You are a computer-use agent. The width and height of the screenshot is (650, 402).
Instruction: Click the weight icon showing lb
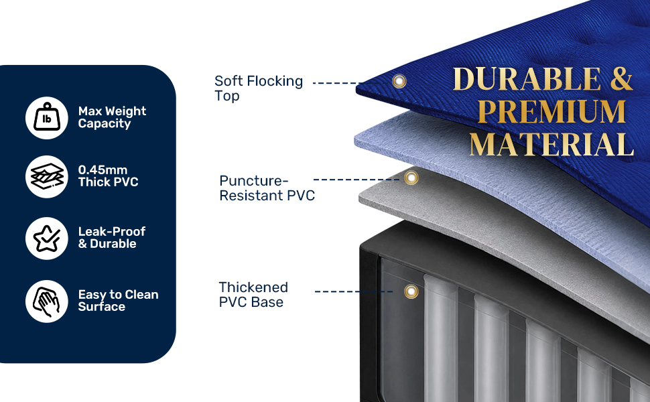47,118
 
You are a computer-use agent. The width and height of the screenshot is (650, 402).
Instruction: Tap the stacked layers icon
47,177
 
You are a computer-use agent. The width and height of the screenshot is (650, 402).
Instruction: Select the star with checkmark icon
47,239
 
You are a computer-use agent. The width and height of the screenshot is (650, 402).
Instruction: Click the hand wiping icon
47,301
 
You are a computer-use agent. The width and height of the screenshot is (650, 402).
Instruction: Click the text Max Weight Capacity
112,117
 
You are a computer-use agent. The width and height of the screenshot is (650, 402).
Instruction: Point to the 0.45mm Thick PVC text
108,176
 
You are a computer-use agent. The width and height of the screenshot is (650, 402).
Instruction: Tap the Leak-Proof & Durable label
112,237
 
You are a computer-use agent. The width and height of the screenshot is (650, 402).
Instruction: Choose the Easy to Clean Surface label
118,300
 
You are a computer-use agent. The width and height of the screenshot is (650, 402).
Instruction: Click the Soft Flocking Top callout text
259,88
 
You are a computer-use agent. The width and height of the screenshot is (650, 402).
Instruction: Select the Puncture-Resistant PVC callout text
267,188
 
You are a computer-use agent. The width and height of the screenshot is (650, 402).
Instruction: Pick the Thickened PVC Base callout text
253,295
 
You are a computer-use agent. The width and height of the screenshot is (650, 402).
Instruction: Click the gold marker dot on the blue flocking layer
399,81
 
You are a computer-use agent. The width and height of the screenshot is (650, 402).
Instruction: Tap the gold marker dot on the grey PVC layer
411,178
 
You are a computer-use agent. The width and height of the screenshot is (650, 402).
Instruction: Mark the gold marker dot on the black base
411,291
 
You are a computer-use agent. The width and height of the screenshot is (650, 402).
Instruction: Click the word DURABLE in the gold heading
527,79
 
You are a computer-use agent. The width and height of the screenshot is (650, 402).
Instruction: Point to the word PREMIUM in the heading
551,111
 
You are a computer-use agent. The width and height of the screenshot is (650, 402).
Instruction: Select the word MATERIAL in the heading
551,144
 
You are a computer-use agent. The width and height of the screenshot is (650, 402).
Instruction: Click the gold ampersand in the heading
621,79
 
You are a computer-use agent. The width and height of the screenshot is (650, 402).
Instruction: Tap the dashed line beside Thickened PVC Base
354,291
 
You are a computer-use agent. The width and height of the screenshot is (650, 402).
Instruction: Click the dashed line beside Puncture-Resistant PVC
357,180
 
